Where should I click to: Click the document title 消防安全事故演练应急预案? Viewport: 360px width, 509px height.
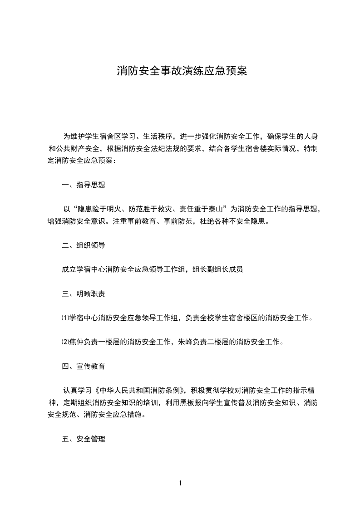182,71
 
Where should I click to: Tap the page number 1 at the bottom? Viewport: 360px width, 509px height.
181,483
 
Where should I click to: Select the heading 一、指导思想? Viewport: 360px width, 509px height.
84,185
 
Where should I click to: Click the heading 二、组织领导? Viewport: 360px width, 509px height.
84,245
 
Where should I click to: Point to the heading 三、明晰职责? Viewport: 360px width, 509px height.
84,294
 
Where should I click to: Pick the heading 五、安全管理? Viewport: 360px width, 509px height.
84,439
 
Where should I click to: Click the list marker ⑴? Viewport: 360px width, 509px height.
65,318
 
